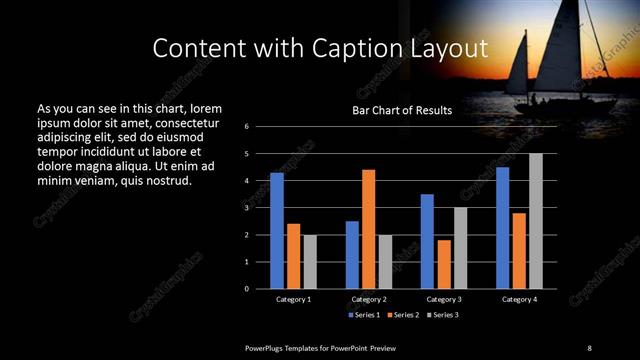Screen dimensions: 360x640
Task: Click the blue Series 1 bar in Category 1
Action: click(276, 231)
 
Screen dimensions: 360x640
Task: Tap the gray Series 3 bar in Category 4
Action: click(536, 221)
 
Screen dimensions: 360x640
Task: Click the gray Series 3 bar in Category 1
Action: click(310, 262)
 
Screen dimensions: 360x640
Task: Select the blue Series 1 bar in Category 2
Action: click(352, 255)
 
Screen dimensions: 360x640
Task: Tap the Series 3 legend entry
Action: click(443, 314)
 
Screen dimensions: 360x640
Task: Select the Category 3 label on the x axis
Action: click(444, 299)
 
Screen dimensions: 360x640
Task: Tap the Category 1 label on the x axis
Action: click(293, 299)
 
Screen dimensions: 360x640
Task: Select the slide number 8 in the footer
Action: click(589, 347)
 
